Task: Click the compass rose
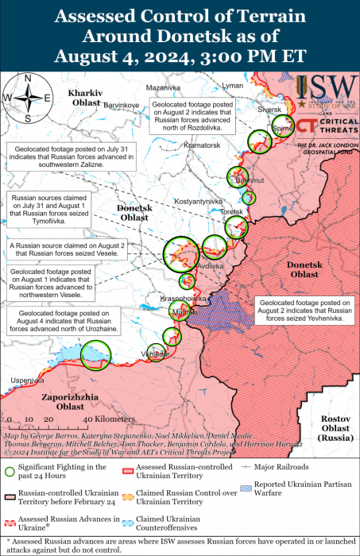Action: click(x=28, y=97)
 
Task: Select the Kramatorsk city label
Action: click(x=202, y=146)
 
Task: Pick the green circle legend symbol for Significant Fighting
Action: click(x=10, y=471)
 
